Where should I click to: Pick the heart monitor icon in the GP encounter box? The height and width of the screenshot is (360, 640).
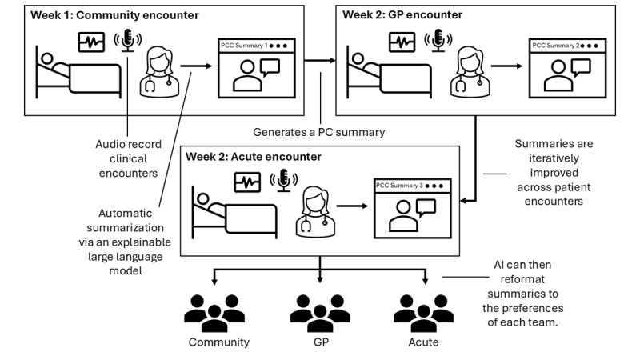tap(402, 42)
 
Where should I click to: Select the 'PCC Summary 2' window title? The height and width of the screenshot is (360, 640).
tap(558, 46)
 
